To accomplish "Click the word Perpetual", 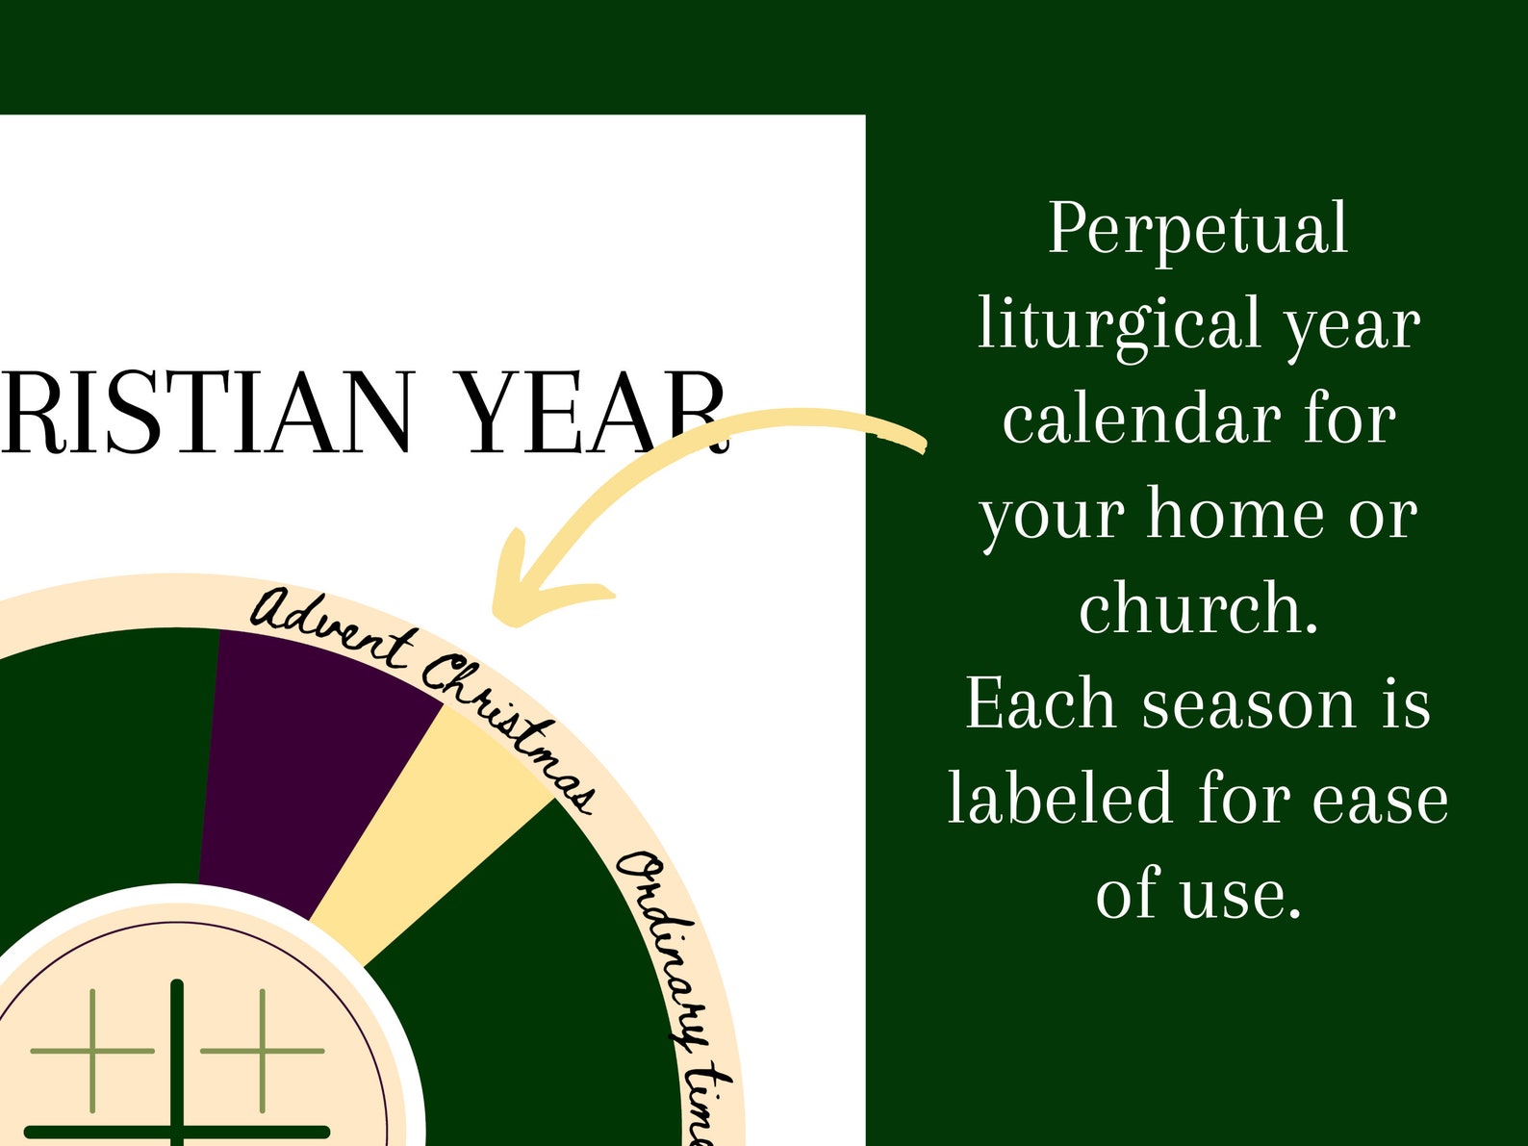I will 1198,229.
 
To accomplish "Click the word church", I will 1198,608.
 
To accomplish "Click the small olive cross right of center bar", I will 262,1050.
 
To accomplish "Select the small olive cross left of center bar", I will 92,1050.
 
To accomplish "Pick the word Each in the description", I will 1042,703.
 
